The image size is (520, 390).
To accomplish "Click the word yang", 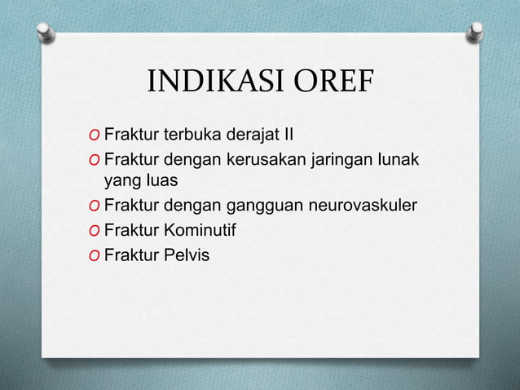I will (120, 178).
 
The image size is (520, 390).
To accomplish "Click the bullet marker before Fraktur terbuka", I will (96, 134).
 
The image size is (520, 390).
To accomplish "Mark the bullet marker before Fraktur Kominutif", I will (96, 231).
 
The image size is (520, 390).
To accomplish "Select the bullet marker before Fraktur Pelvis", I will (96, 256).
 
